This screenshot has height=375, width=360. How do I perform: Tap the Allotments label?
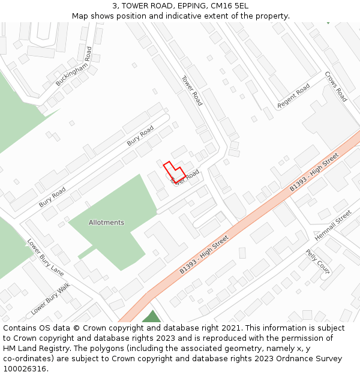(106, 223)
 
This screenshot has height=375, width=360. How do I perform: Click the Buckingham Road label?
(74, 67)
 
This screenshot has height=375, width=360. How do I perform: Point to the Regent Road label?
(293, 96)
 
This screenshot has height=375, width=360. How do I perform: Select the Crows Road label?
(336, 86)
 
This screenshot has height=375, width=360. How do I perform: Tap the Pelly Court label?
(318, 261)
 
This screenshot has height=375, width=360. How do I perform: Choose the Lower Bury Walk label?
(50, 298)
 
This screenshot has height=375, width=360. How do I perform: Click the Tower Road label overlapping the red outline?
(185, 177)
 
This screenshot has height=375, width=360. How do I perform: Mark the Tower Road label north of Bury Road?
(192, 90)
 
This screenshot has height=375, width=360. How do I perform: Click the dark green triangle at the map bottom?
(151, 317)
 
